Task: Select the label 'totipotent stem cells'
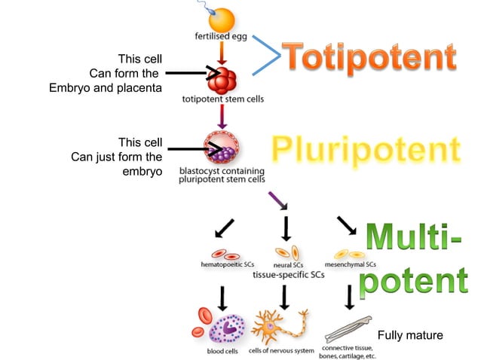[223, 98]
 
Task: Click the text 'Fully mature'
[409, 334]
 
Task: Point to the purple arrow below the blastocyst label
[279, 200]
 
